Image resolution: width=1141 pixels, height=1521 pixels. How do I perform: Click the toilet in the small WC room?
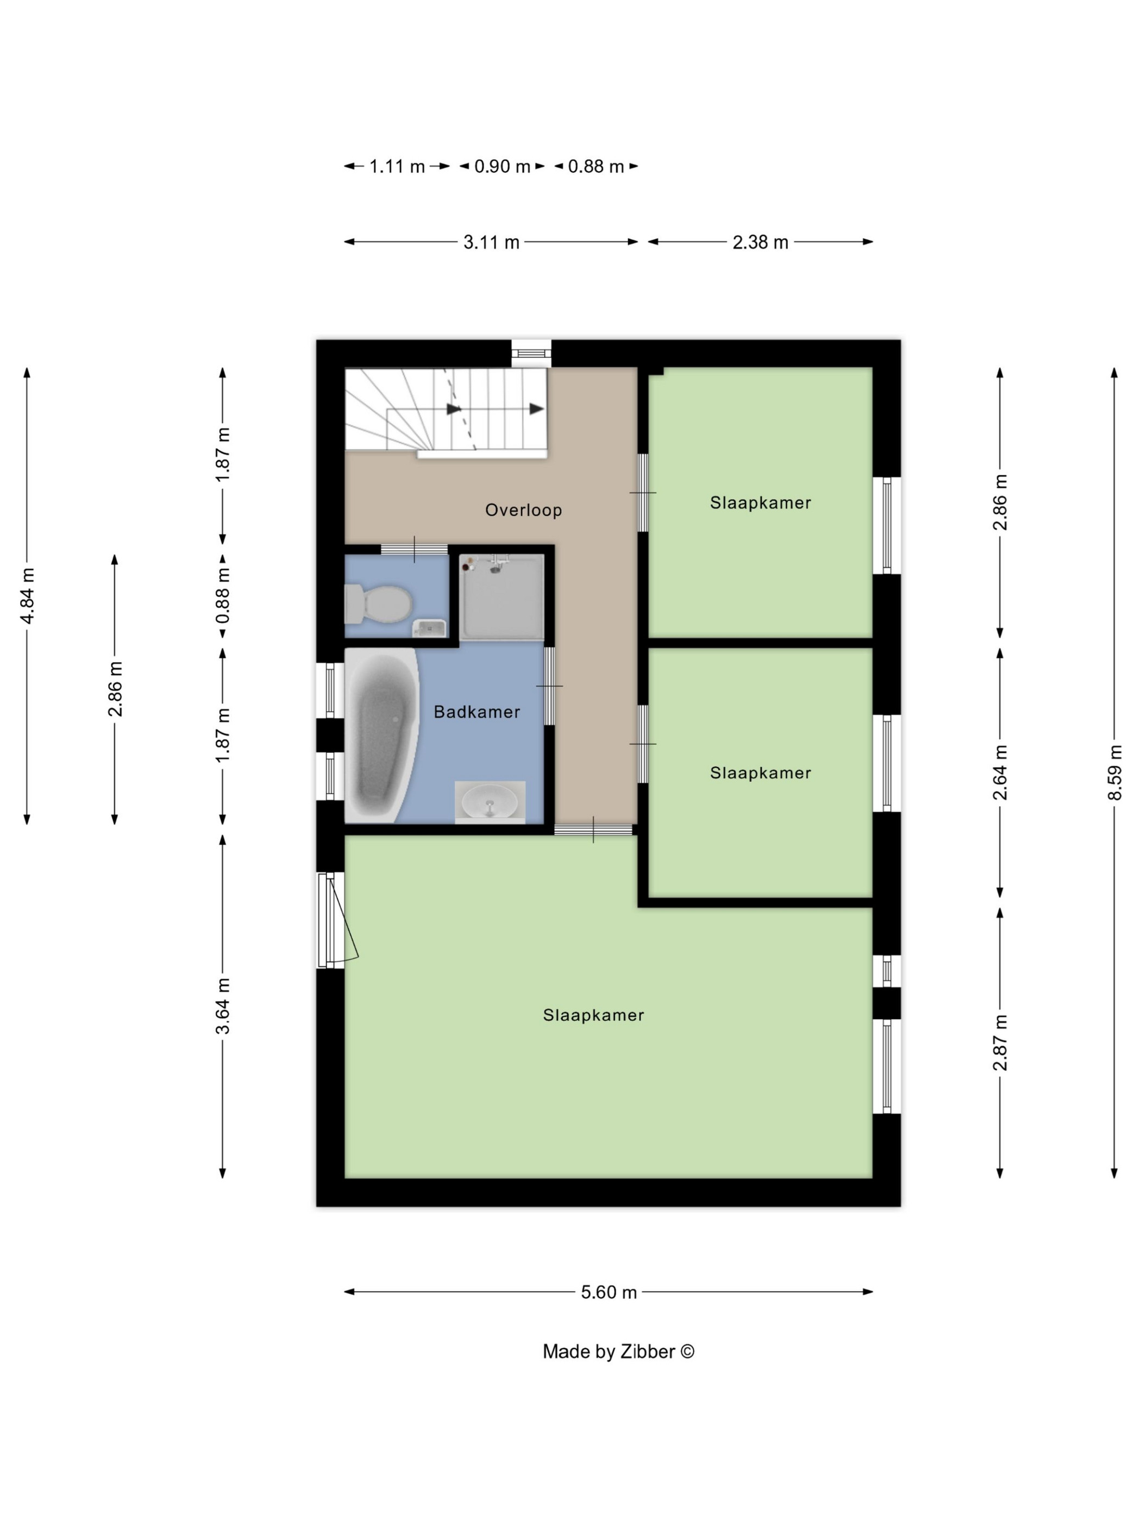[378, 603]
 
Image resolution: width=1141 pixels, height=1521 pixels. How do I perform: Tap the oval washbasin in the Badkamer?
[490, 802]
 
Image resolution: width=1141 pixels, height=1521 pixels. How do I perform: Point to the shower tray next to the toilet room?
[502, 597]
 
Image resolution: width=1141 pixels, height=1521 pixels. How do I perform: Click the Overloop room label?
[523, 510]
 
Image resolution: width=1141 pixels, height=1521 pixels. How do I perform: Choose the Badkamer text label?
[477, 712]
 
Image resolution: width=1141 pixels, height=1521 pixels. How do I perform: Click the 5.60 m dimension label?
[609, 1292]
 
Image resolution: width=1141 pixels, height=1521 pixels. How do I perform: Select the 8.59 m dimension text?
[1114, 772]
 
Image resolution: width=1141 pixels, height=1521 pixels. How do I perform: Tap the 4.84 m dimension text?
[28, 596]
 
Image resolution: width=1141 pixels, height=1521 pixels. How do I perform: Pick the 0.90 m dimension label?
[502, 166]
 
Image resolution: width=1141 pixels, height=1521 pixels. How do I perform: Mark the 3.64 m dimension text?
[223, 1006]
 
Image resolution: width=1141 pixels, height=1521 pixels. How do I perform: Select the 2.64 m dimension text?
[1000, 772]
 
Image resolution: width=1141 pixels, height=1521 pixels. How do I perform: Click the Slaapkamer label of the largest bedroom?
[593, 1015]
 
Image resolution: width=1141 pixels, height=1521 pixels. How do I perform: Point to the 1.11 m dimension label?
[397, 166]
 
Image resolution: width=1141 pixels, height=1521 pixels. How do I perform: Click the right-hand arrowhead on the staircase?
[536, 409]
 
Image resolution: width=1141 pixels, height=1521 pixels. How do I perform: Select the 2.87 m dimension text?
[1000, 1042]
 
